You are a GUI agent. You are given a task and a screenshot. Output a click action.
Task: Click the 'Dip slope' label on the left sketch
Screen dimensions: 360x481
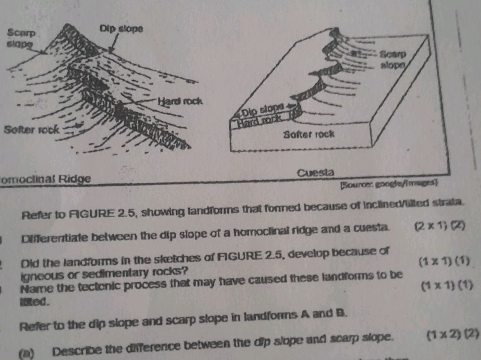[x=121, y=29]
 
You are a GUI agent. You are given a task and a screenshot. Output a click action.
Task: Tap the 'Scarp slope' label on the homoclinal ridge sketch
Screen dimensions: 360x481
[x=21, y=39]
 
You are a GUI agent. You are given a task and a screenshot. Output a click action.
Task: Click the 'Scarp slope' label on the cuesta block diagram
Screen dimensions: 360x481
[x=393, y=59]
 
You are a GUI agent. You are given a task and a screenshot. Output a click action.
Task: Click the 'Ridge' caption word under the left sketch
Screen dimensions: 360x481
[x=75, y=178]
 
